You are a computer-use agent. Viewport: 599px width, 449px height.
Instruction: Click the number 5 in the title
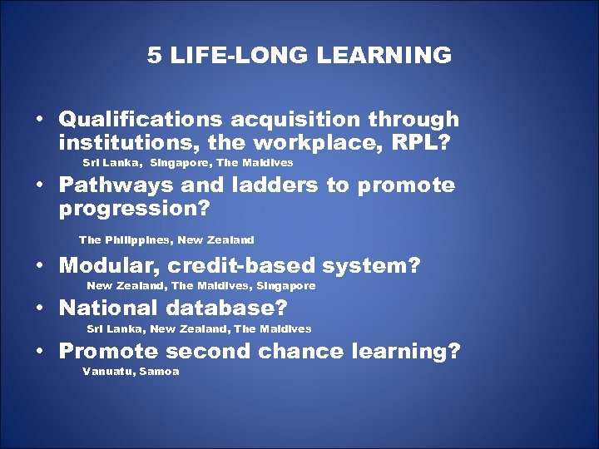(x=154, y=56)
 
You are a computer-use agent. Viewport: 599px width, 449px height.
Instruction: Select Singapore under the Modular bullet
(x=286, y=286)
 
